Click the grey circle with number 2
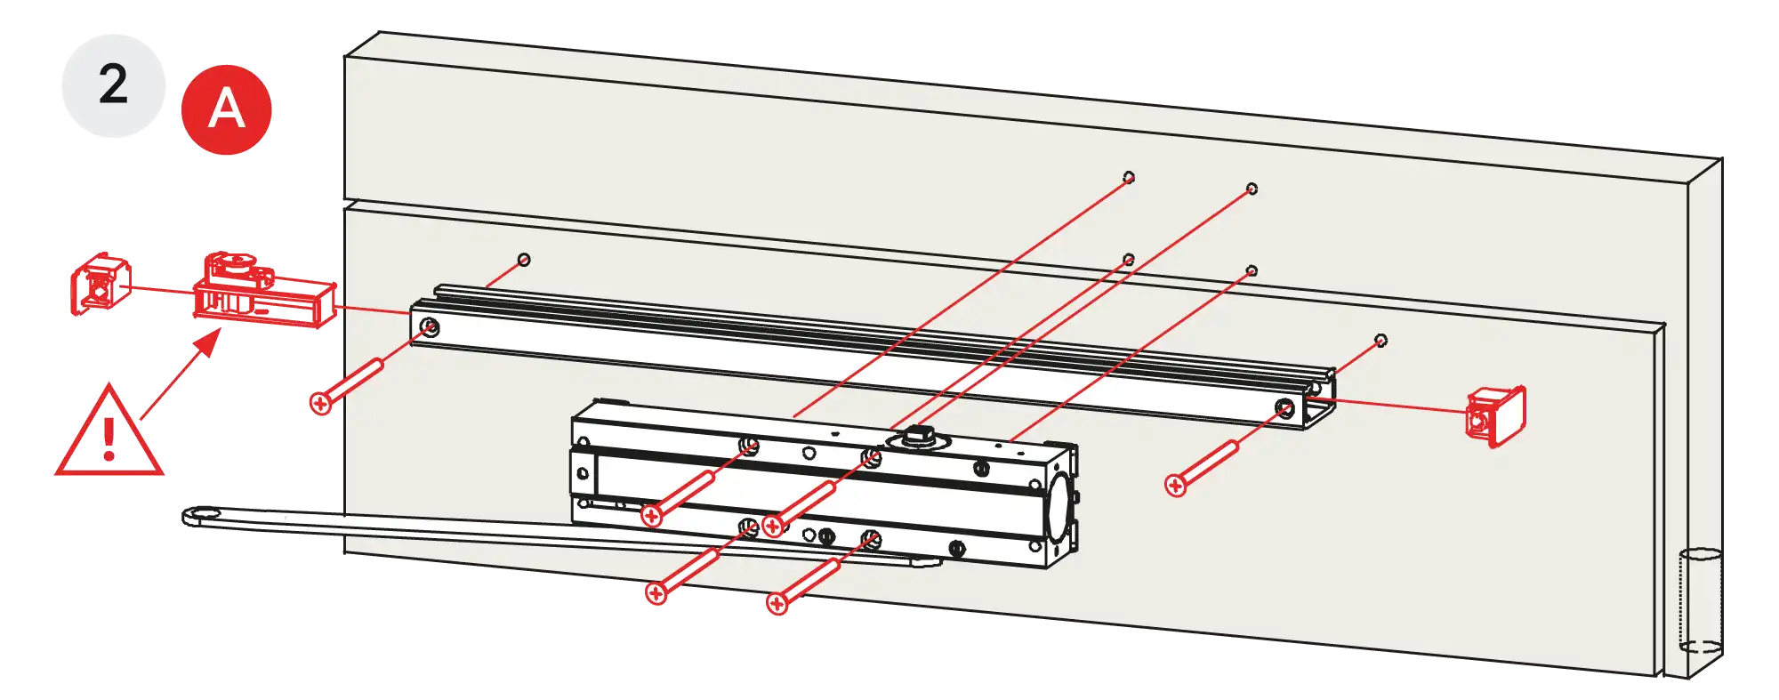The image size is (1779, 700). click(113, 86)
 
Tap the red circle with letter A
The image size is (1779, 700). click(226, 109)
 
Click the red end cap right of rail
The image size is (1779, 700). click(1495, 415)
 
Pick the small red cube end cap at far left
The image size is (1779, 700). click(101, 283)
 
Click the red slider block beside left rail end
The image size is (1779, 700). click(264, 291)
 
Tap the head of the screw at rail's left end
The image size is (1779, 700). click(321, 403)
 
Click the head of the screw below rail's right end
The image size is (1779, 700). click(1176, 485)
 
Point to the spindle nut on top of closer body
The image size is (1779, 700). click(916, 437)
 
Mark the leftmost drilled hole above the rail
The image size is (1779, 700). click(524, 260)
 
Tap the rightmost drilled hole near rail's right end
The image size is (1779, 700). click(1381, 340)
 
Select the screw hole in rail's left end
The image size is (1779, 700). click(429, 325)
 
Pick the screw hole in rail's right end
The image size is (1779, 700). click(1284, 408)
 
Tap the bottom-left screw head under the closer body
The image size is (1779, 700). click(656, 592)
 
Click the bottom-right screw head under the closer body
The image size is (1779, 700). click(777, 604)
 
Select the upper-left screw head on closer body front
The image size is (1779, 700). click(652, 515)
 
